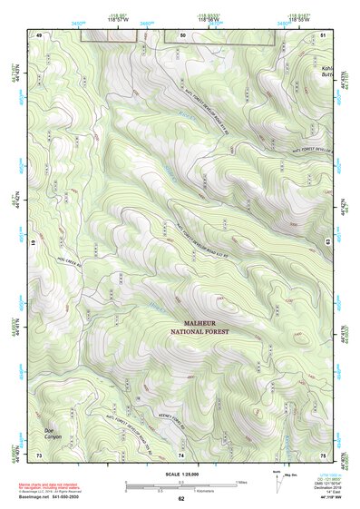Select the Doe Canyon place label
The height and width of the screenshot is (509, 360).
click(x=56, y=433)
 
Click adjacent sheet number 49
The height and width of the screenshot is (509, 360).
click(x=39, y=34)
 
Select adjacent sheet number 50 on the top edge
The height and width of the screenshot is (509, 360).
click(x=182, y=34)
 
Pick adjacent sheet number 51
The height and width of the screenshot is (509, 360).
click(x=324, y=34)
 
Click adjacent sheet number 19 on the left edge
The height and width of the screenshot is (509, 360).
click(x=34, y=243)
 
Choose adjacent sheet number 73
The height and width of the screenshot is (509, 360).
click(x=39, y=453)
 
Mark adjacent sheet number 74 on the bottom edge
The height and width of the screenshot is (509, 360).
click(x=182, y=453)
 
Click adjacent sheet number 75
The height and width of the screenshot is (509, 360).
click(x=324, y=453)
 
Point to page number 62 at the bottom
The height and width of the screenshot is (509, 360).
click(x=181, y=499)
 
